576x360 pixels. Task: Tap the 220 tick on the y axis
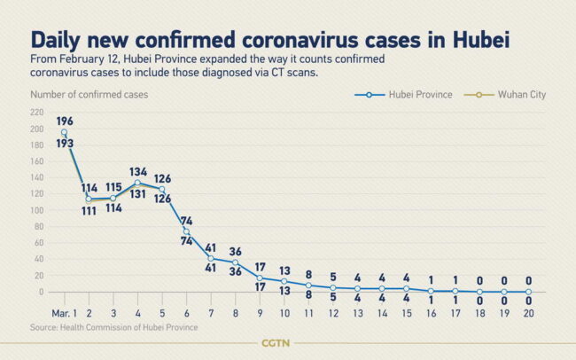pyautogui.click(x=36, y=113)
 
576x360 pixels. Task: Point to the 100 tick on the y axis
pyautogui.click(x=36, y=210)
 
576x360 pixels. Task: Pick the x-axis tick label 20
pyautogui.click(x=528, y=313)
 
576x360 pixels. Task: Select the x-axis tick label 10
pyautogui.click(x=284, y=313)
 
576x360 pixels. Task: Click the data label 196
pyautogui.click(x=64, y=121)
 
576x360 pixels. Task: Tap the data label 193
pyautogui.click(x=64, y=143)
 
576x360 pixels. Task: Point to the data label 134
pyautogui.click(x=137, y=171)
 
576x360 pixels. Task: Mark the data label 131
pyautogui.click(x=137, y=195)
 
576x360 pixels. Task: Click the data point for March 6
pyautogui.click(x=186, y=231)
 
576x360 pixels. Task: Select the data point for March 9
pyautogui.click(x=260, y=278)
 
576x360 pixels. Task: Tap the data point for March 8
pyautogui.click(x=235, y=262)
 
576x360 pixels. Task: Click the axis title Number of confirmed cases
pyautogui.click(x=89, y=92)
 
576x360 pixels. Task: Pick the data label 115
pyautogui.click(x=113, y=187)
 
